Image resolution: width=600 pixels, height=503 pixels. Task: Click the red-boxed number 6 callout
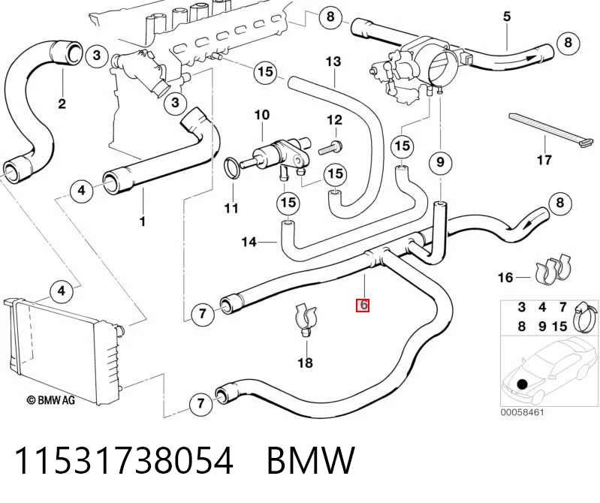(x=363, y=305)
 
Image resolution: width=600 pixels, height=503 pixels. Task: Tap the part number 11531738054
(x=124, y=460)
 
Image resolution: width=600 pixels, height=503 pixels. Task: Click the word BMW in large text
(x=311, y=460)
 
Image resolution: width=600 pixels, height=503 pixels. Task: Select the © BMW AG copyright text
(x=50, y=400)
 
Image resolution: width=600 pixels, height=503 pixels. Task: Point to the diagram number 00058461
(x=522, y=412)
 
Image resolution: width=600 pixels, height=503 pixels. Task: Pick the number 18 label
(x=305, y=363)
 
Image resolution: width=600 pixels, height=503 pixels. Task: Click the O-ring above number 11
(x=232, y=167)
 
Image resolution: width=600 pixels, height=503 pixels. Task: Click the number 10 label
(x=262, y=114)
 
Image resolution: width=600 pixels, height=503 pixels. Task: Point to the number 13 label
(x=333, y=62)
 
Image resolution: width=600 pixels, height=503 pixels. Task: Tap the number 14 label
(x=249, y=242)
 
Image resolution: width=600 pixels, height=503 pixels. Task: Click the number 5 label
(x=507, y=17)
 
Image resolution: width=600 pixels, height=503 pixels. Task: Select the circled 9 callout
(x=440, y=162)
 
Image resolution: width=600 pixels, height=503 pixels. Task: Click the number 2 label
(x=62, y=104)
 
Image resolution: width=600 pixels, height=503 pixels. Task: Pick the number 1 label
(x=143, y=221)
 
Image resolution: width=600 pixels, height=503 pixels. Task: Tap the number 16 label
(x=505, y=277)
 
